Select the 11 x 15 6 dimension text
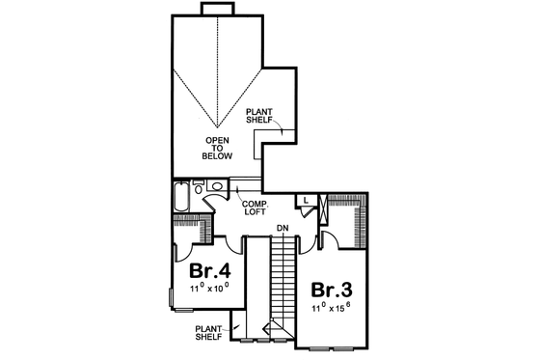329,309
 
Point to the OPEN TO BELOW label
217,150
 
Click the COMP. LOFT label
254,208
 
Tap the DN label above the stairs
283,228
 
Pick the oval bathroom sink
218,187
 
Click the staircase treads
282,280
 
